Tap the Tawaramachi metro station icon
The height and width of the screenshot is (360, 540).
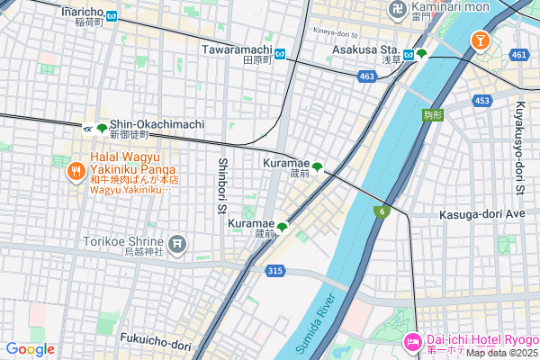(x=281, y=53)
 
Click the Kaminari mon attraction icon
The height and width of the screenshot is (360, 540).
(x=397, y=10)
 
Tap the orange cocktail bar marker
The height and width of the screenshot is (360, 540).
(x=480, y=40)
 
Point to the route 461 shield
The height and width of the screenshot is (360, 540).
(x=517, y=56)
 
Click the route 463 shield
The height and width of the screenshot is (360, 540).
(x=366, y=77)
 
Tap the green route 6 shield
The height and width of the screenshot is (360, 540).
(x=381, y=211)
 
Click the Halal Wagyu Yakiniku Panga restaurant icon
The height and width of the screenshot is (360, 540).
(x=76, y=169)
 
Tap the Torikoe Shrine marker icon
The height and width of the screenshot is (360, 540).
(x=178, y=242)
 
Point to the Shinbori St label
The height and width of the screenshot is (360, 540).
(x=221, y=187)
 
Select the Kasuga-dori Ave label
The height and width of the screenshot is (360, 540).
(x=481, y=215)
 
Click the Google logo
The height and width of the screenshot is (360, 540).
(x=30, y=348)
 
